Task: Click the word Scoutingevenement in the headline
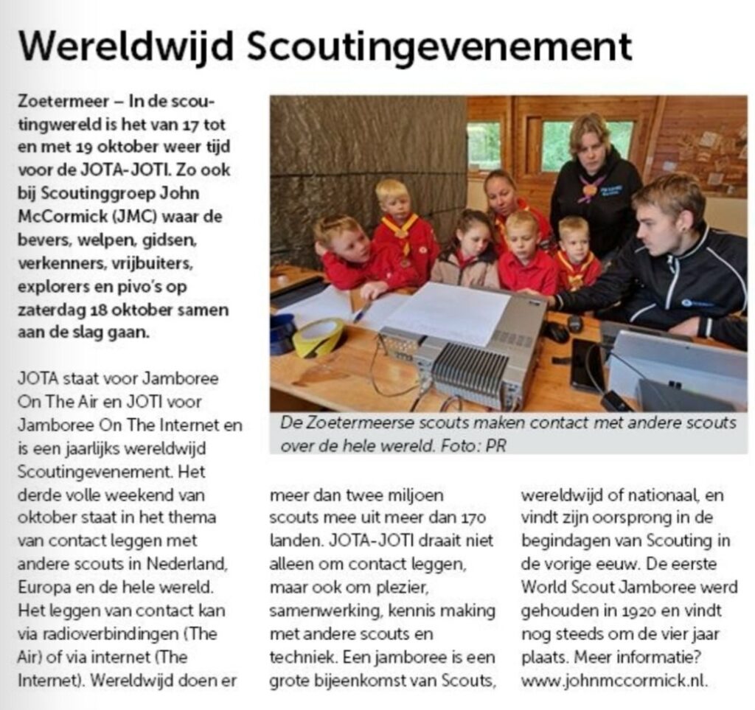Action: tap(439, 49)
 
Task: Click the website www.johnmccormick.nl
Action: tap(614, 681)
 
